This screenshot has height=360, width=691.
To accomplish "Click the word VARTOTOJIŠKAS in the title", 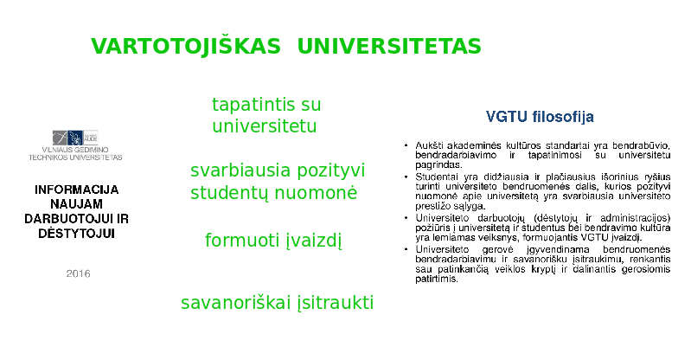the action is pos(186,47).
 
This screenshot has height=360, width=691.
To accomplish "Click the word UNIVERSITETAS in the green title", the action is pos(389,47).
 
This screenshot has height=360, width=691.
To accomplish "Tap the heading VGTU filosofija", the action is pos(540,117).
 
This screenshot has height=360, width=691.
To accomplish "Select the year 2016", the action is pos(79,273).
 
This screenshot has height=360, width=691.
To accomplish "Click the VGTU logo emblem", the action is pos(75,138).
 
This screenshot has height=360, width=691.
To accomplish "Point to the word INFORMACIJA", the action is pos(77,190).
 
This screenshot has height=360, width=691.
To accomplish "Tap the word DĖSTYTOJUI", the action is pos(77,234).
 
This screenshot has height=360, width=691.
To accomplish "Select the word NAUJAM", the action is pos(77,204).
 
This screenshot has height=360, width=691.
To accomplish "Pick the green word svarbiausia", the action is pos(240,170).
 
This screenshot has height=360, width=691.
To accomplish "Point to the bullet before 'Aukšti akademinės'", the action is pos(406,145).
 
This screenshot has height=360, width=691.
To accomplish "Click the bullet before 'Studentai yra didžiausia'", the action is pos(406,177).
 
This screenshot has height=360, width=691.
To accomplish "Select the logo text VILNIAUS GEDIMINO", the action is pos(75,150).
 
